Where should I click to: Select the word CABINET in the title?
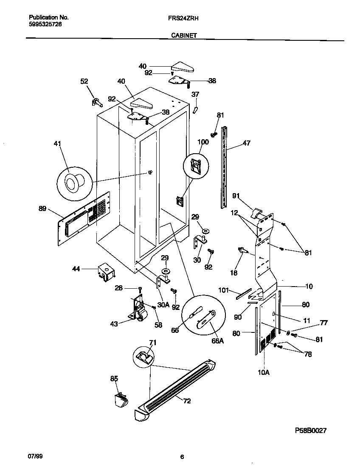pyautogui.click(x=184, y=36)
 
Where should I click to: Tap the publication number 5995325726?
pyautogui.click(x=46, y=25)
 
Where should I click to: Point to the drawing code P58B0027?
pyautogui.click(x=311, y=430)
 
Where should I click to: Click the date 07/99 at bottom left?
pyautogui.click(x=36, y=457)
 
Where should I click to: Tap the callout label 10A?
pyautogui.click(x=264, y=372)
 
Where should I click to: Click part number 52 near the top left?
pyautogui.click(x=84, y=82)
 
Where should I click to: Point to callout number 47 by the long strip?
pyautogui.click(x=246, y=143)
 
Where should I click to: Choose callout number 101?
pyautogui.click(x=224, y=290)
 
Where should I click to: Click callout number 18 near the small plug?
pyautogui.click(x=233, y=273)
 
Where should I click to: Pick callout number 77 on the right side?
pyautogui.click(x=324, y=323)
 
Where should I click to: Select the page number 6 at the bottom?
pyautogui.click(x=182, y=457)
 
